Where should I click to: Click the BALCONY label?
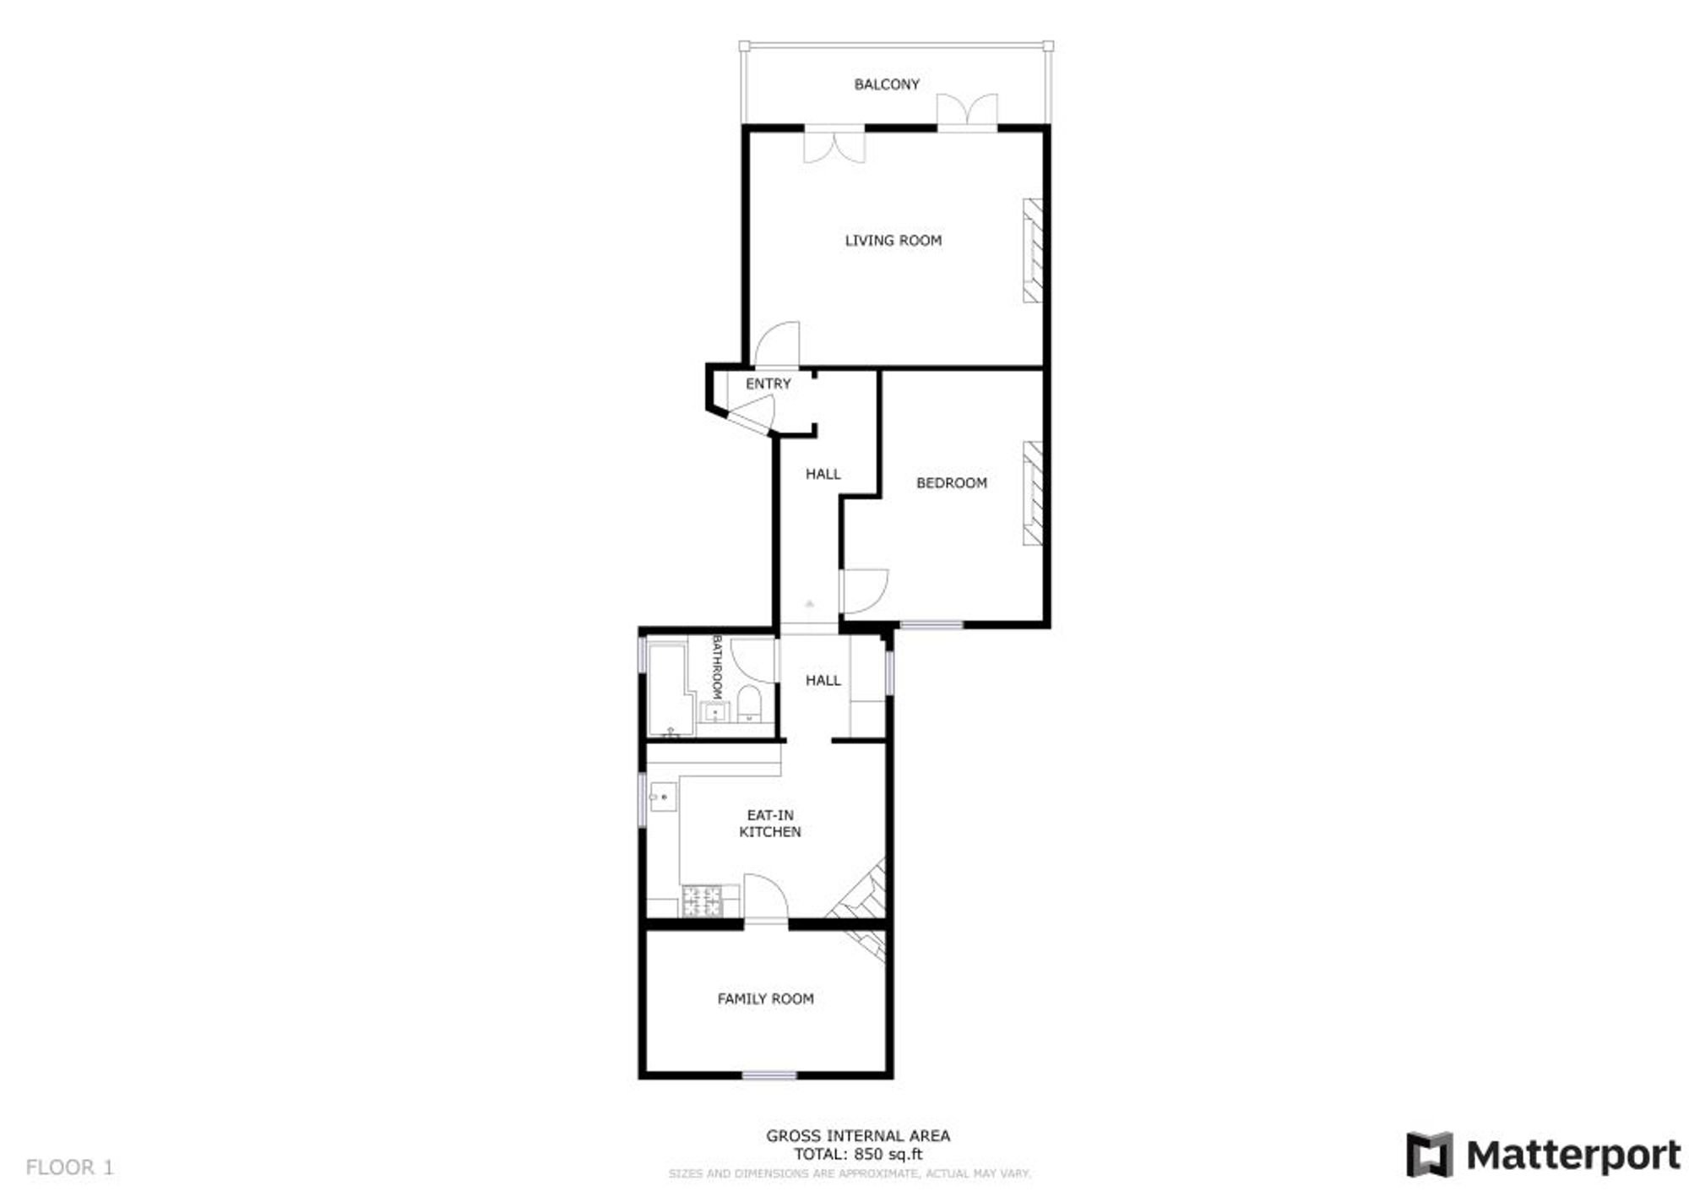[x=887, y=84]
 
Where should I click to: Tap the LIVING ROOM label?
[x=893, y=241]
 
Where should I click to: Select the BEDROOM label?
[x=952, y=483]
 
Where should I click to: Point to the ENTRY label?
[x=768, y=384]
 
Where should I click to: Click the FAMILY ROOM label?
[x=766, y=998]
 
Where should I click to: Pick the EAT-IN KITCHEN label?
[x=770, y=824]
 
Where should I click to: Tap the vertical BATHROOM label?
[x=718, y=667]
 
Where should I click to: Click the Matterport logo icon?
[x=1430, y=1155]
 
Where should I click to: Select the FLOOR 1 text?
[x=70, y=1167]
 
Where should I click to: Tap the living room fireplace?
[x=1033, y=250]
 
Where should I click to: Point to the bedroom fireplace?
[x=1033, y=493]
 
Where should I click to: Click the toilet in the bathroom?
[x=750, y=704]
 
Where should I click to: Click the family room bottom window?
[x=769, y=1075]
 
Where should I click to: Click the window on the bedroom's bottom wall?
[x=931, y=625]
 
